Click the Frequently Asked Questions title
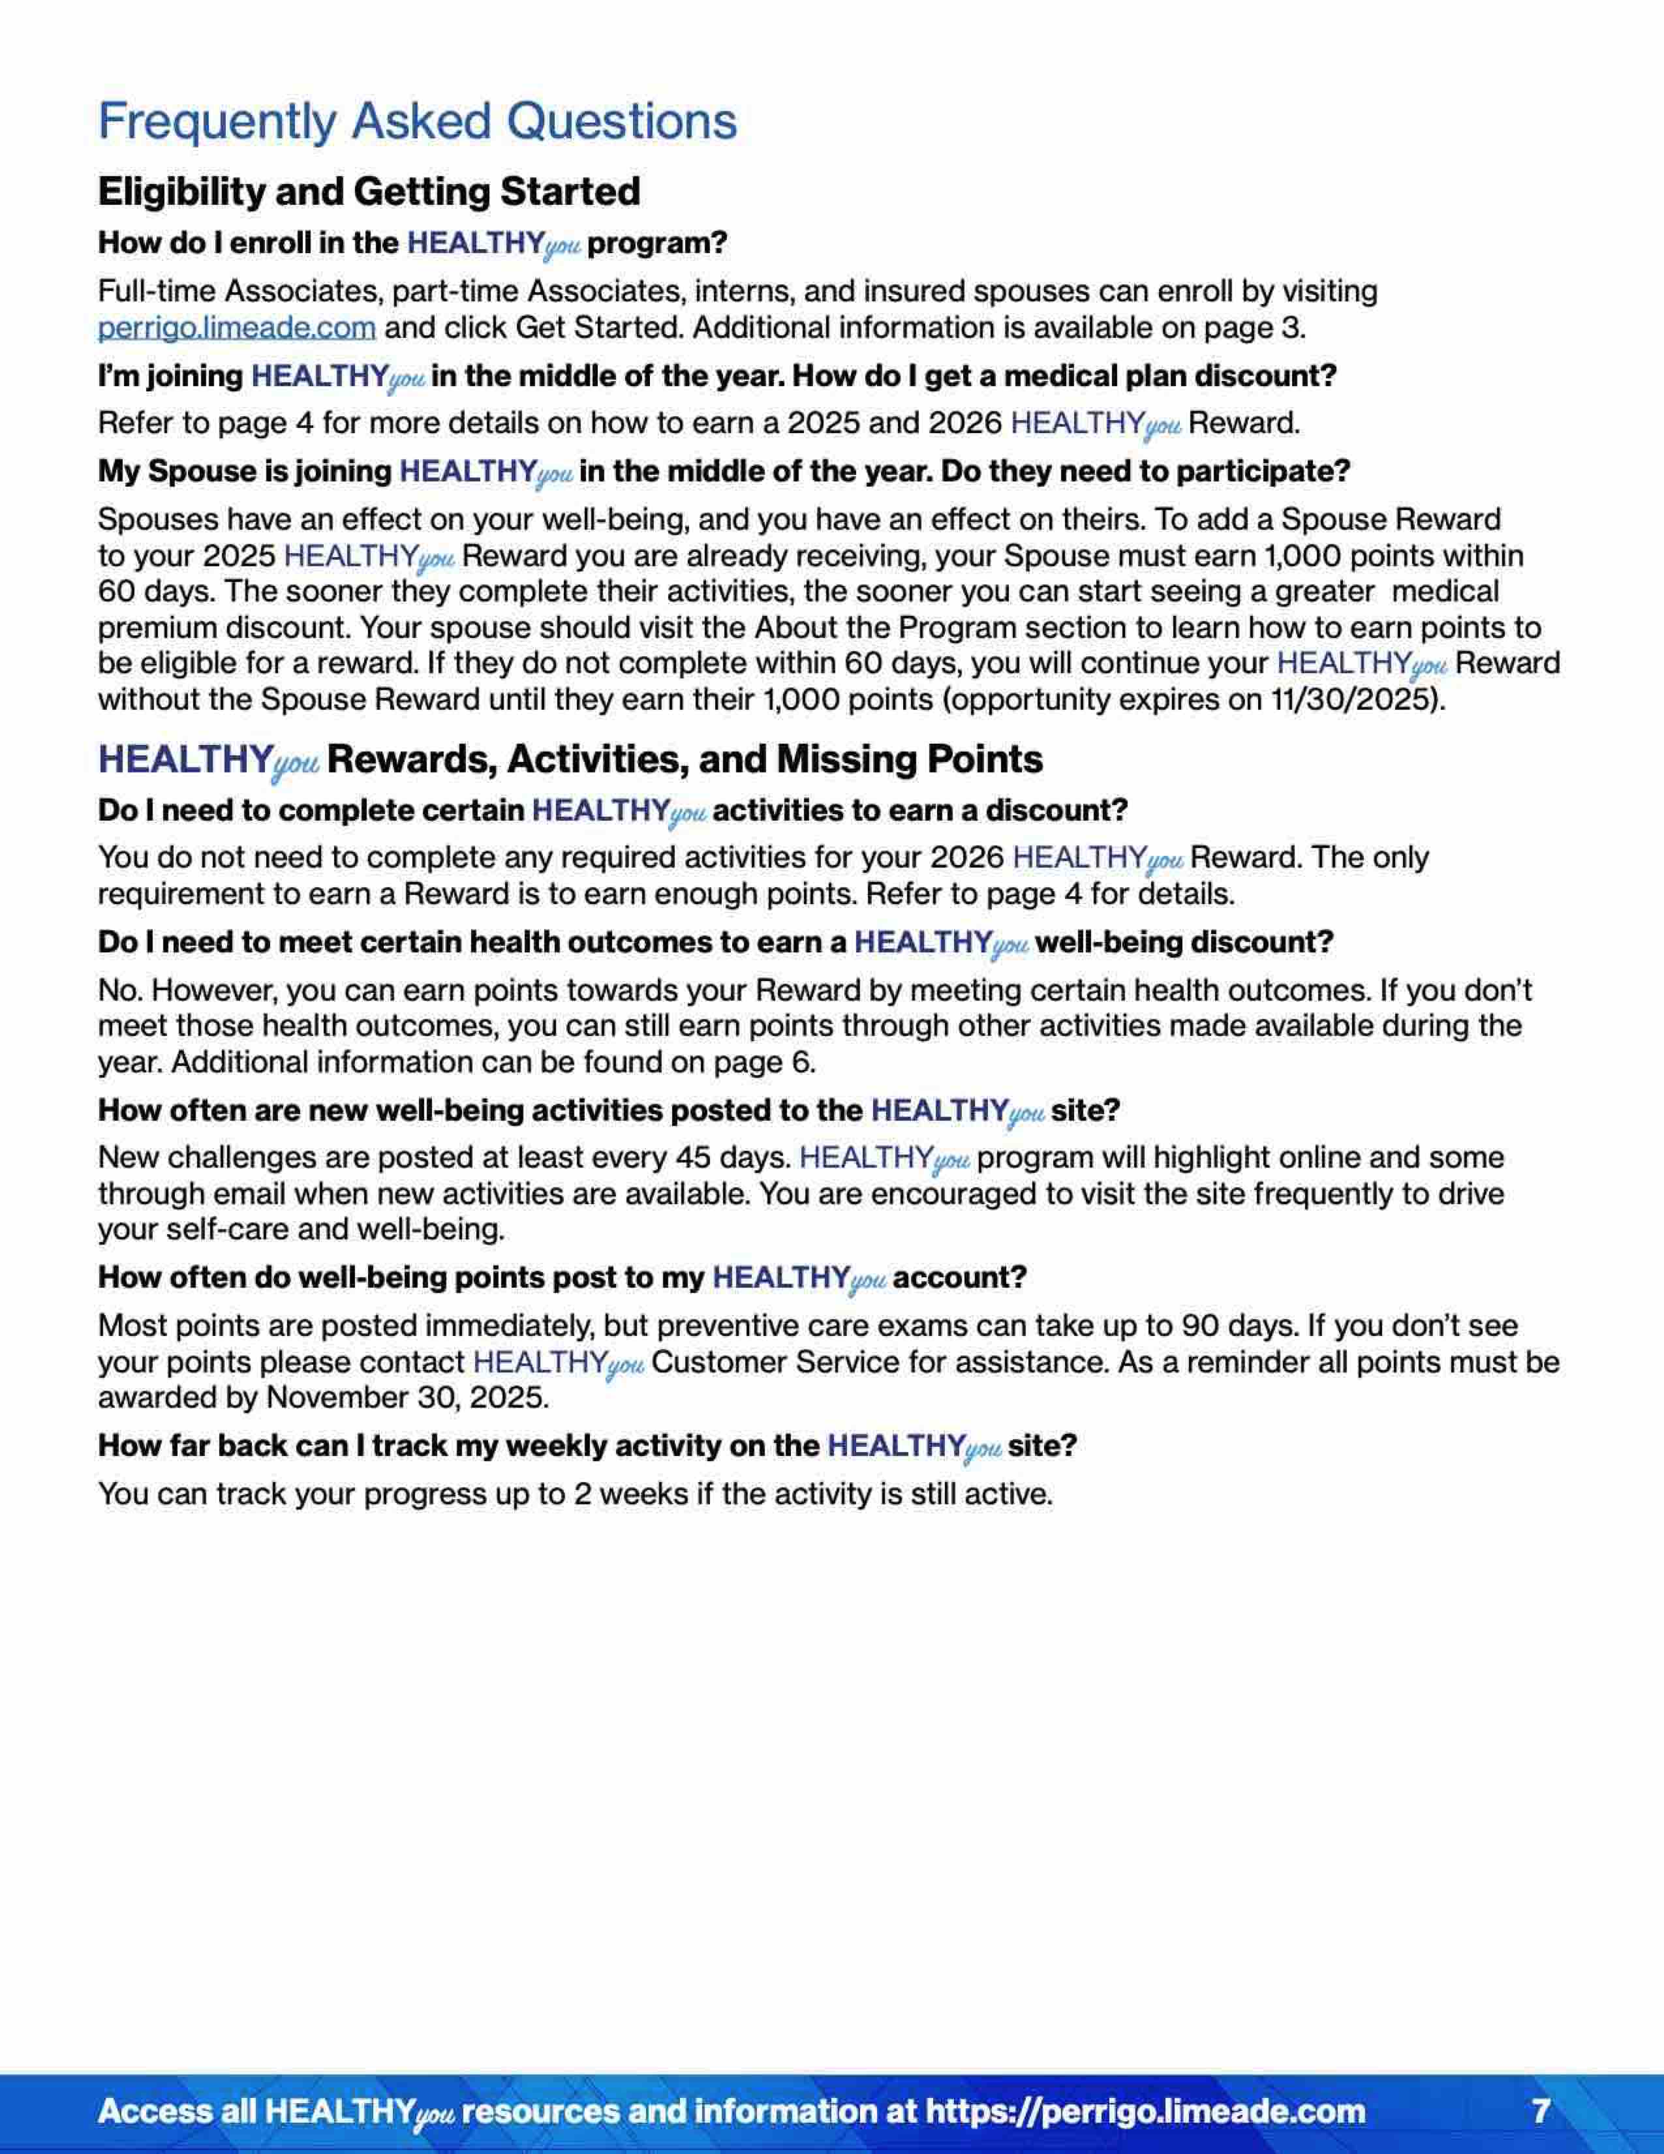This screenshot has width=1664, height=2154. click(417, 122)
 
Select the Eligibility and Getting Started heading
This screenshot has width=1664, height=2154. click(369, 191)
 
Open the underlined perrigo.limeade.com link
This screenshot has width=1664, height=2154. click(237, 328)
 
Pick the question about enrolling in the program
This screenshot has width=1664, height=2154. click(412, 243)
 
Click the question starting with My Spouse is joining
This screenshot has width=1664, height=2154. click(723, 472)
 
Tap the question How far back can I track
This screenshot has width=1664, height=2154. click(587, 1446)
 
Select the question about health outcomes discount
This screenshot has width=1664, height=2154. click(715, 943)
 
